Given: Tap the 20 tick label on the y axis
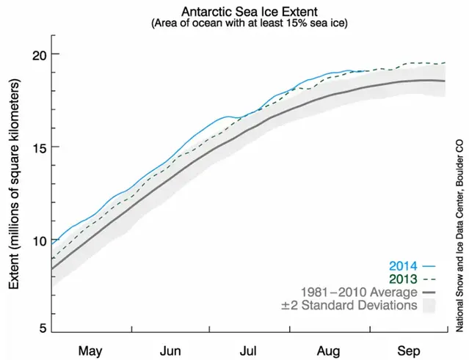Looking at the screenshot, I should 39,54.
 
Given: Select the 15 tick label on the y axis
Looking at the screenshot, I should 39,147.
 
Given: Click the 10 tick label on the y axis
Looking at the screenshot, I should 39,240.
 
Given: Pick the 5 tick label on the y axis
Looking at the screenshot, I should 43,328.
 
